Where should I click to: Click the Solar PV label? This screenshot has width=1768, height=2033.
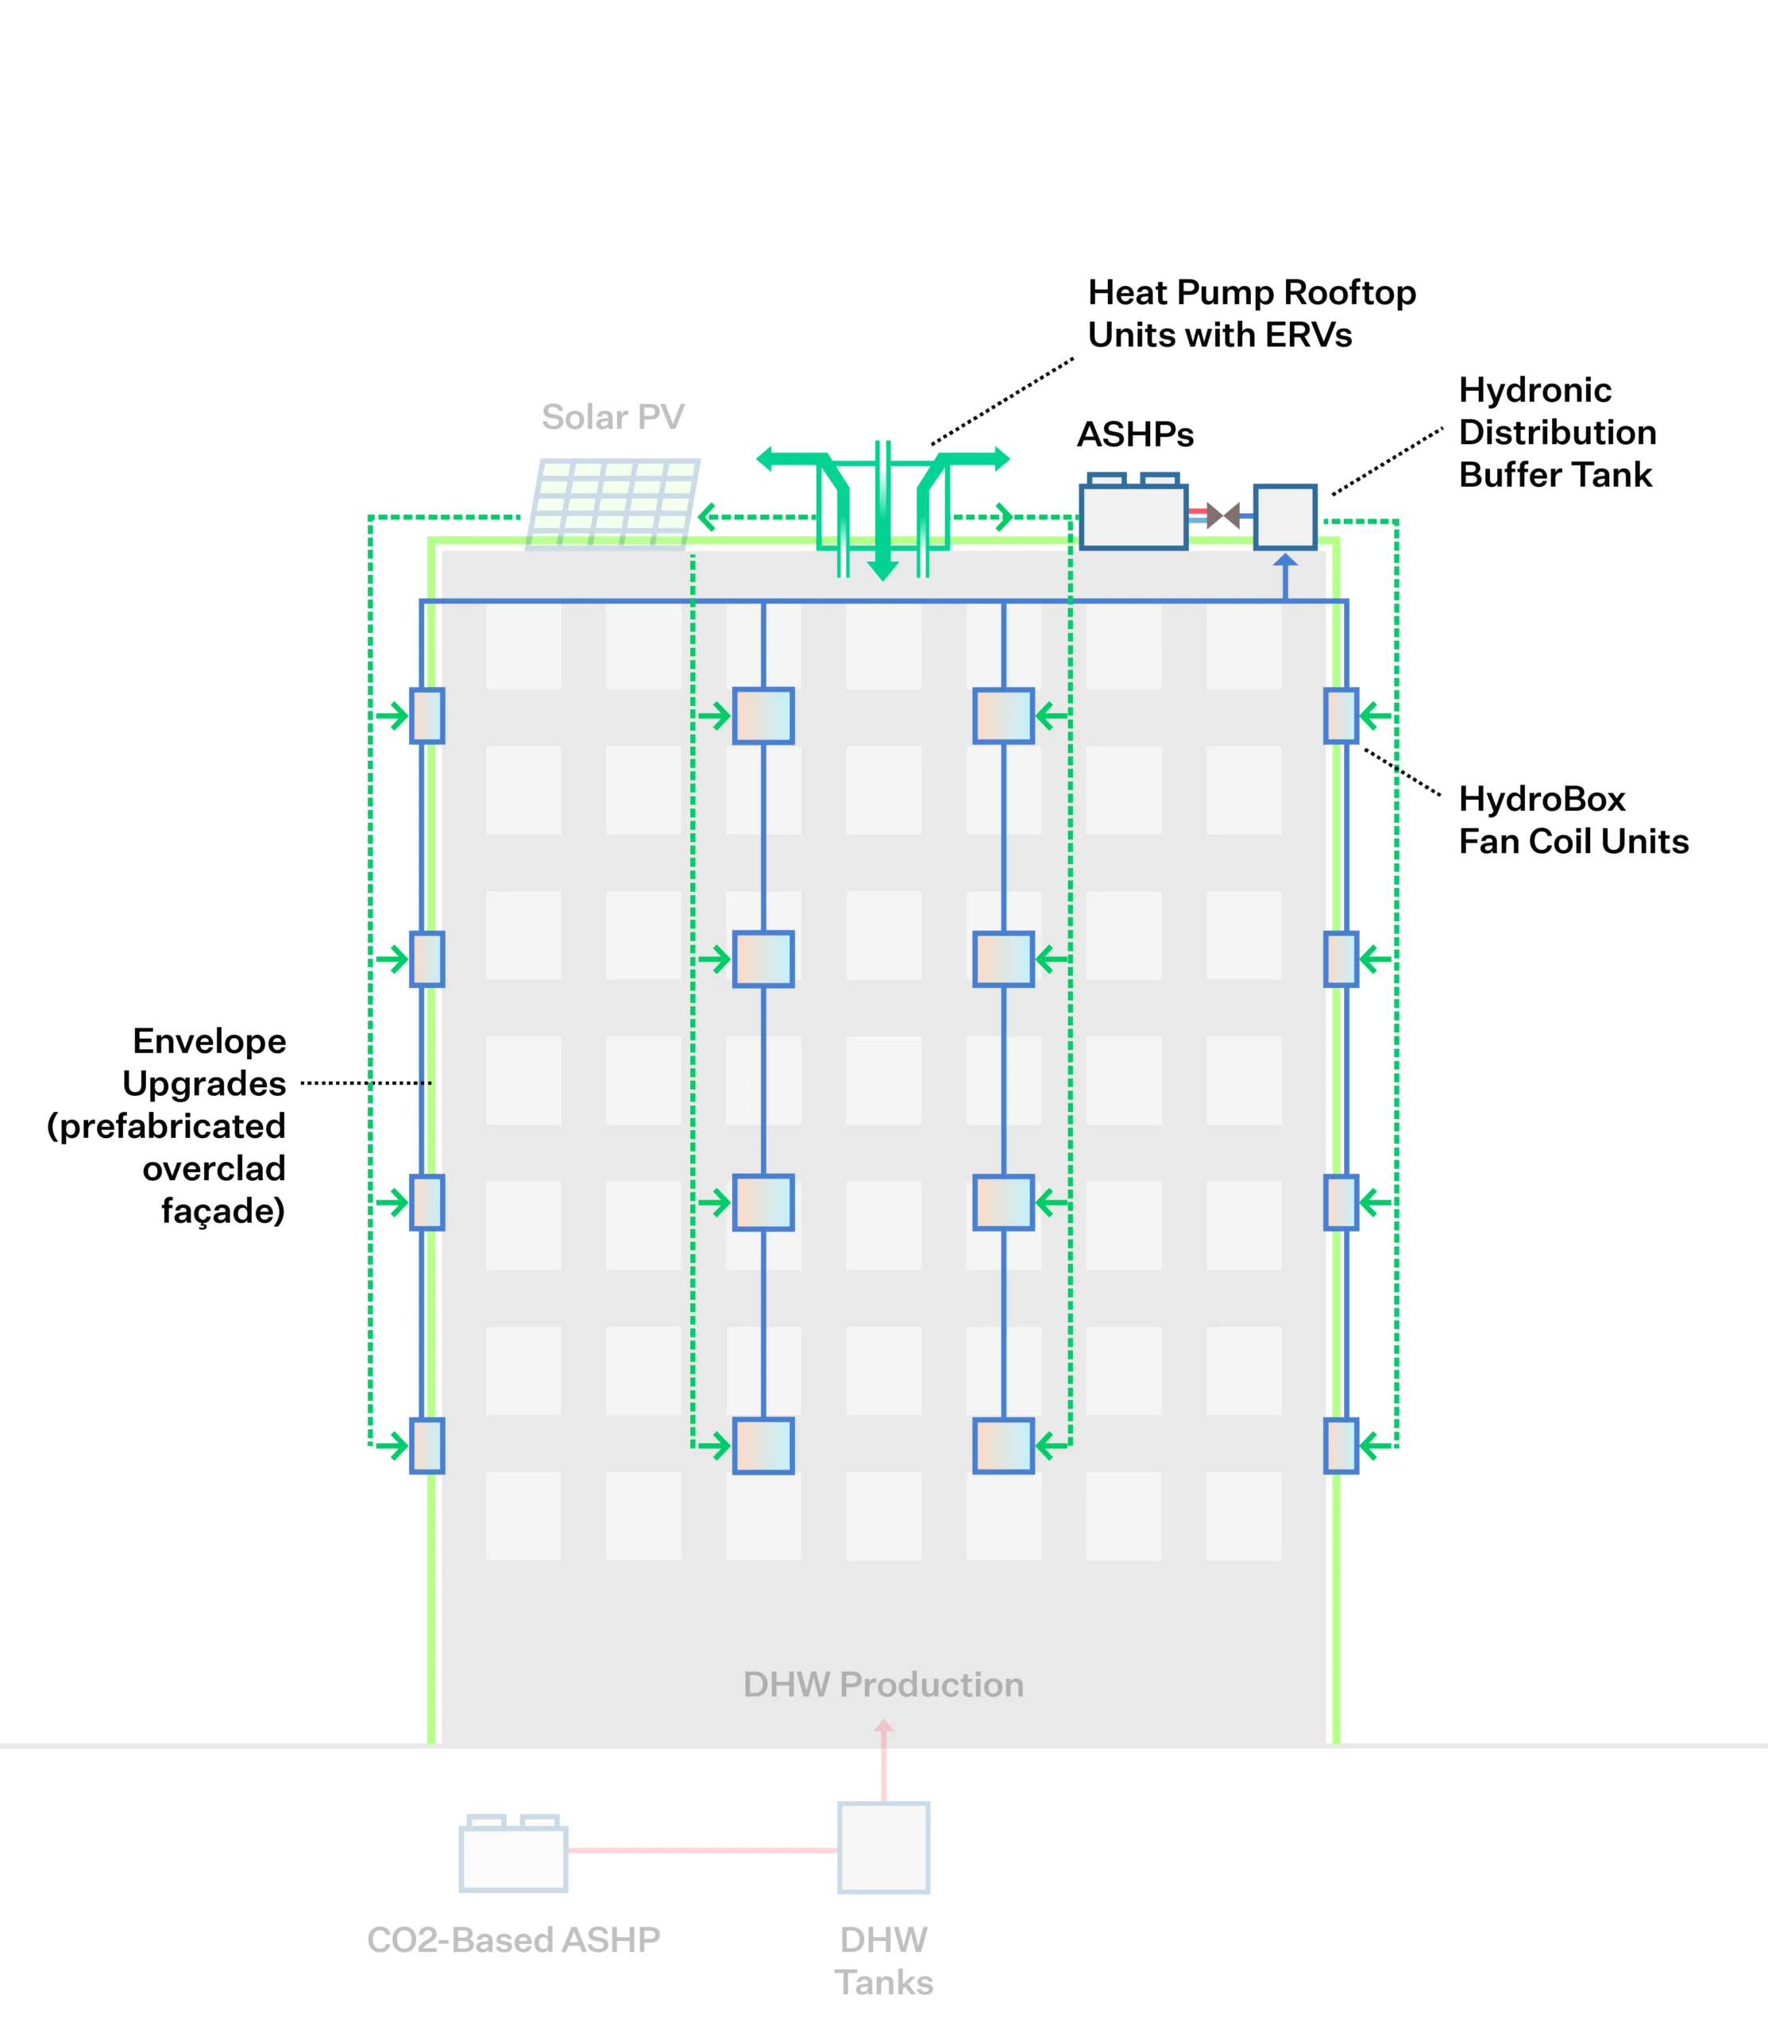(612, 417)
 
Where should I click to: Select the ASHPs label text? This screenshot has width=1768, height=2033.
(1135, 434)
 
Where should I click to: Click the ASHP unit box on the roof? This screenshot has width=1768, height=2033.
(1133, 516)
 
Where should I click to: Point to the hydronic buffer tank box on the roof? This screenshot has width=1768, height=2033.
(1284, 516)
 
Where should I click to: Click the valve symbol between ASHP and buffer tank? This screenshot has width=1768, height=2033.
(1223, 515)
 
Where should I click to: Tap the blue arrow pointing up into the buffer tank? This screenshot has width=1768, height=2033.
(1284, 562)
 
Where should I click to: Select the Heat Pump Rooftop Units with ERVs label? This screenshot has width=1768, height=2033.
(1251, 314)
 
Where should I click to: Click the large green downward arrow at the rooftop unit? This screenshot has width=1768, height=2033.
(883, 566)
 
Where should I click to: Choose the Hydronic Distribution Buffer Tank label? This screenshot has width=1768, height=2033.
(1557, 432)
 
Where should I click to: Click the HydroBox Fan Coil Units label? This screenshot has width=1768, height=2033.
(1573, 820)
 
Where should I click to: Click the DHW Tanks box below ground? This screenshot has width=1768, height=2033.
(883, 1847)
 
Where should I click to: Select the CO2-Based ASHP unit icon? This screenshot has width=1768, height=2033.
(513, 1854)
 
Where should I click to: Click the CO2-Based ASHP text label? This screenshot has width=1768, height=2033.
(513, 1939)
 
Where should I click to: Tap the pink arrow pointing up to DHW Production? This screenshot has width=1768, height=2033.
(883, 1728)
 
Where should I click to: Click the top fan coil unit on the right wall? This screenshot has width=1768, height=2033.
(1341, 716)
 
